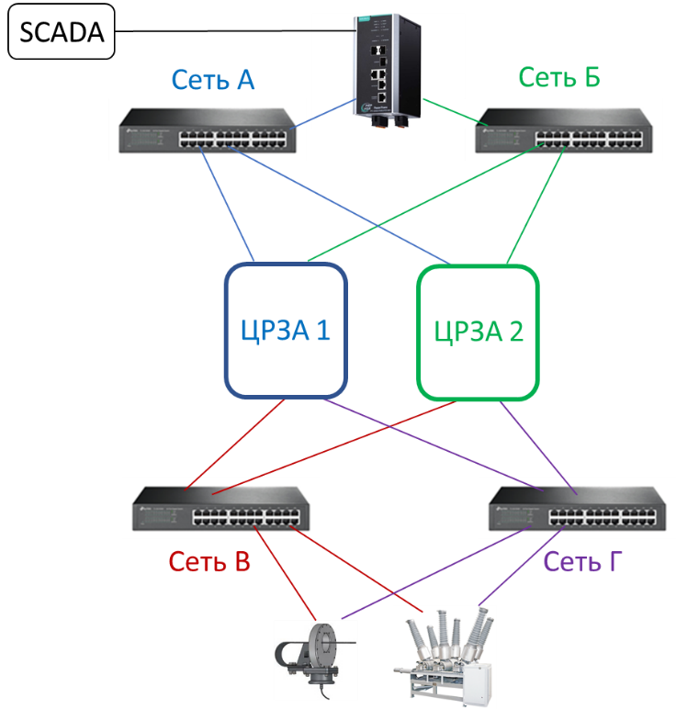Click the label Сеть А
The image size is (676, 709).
pyautogui.click(x=212, y=81)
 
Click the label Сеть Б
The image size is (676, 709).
pyautogui.click(x=558, y=77)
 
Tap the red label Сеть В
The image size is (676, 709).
pyautogui.click(x=209, y=562)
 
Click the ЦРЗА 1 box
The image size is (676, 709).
pyautogui.click(x=286, y=331)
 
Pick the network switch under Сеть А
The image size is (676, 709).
pyautogui.click(x=207, y=129)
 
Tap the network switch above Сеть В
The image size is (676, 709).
pyautogui.click(x=221, y=507)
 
